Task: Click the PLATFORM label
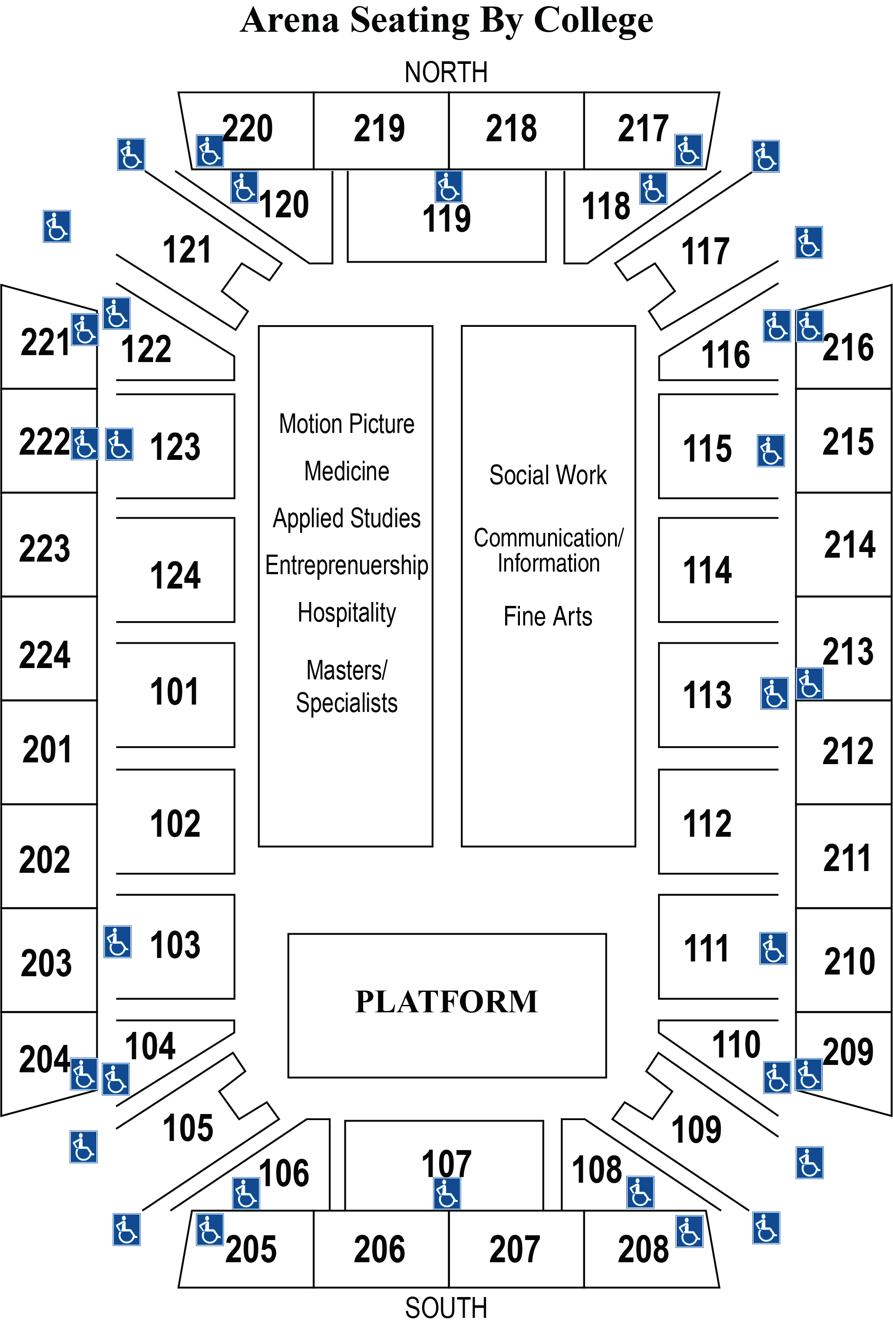446,1001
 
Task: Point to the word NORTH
446,72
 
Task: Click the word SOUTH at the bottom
446,1307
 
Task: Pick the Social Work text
548,475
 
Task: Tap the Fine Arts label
548,616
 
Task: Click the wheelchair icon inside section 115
771,451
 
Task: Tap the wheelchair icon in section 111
773,948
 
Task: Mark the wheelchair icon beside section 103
117,941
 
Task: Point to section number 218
511,128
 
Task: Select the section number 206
379,1250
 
